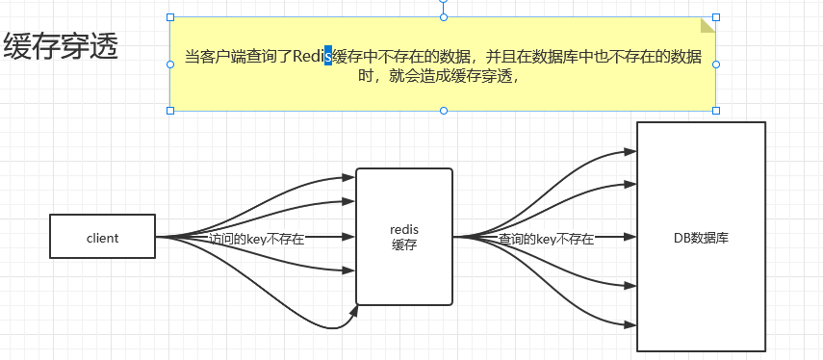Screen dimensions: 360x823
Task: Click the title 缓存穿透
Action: (61, 47)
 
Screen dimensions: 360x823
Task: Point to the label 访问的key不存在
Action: (256, 239)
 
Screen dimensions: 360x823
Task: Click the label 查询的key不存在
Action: (546, 239)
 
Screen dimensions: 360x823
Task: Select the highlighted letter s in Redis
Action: (328, 56)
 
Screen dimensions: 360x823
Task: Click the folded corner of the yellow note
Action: (708, 24)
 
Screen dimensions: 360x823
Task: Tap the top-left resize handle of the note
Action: (170, 17)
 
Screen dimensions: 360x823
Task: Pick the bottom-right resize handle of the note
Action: (716, 111)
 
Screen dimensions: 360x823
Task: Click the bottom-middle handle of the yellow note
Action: (444, 111)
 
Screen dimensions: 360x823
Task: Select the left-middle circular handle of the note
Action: (170, 64)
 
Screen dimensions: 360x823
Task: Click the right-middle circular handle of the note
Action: (716, 64)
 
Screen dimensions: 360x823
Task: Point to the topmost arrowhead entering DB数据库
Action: (630, 151)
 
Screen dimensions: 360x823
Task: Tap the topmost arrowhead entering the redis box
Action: (349, 177)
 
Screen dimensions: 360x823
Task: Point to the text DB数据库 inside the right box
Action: (702, 237)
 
